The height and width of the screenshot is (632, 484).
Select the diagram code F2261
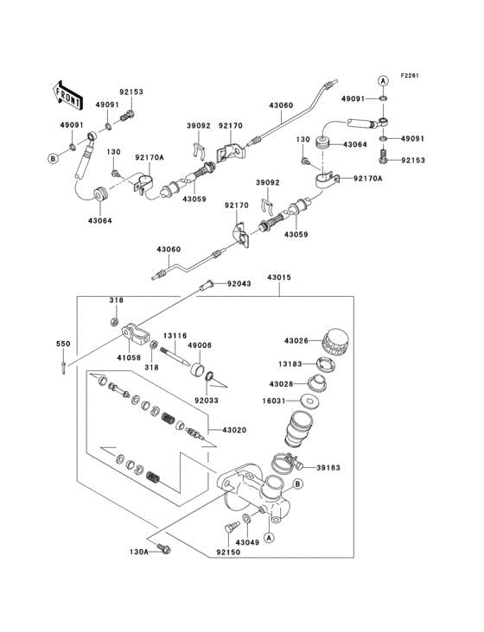(x=410, y=76)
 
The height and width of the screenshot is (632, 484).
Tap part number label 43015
(x=279, y=278)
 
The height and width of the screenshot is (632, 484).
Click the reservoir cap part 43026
(x=334, y=341)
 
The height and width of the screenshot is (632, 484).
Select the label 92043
(x=239, y=284)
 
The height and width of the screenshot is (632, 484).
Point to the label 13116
(x=176, y=336)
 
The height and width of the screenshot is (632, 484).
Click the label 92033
(x=207, y=400)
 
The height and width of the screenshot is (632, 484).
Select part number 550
(x=62, y=344)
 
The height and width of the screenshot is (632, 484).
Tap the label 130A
(x=141, y=550)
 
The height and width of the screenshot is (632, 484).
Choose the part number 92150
(x=227, y=550)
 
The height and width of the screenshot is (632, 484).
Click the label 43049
(x=248, y=542)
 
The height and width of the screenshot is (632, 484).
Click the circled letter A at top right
(x=382, y=80)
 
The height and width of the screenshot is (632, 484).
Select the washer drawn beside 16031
(x=309, y=401)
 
